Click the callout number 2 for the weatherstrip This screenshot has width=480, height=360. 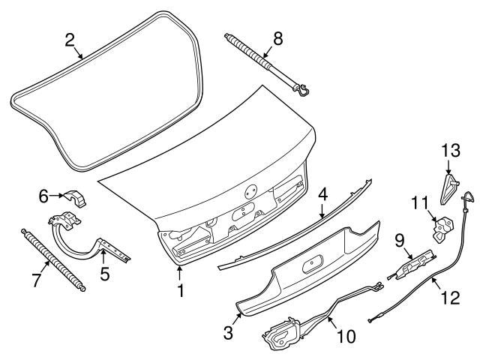pos(70,40)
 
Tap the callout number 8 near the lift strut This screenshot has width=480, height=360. pos(277,39)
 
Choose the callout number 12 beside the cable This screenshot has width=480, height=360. pos(449,298)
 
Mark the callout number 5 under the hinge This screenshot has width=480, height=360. pos(105,274)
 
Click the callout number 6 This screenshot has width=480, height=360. pos(43,196)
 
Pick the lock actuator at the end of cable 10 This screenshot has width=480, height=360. pos(283,333)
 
